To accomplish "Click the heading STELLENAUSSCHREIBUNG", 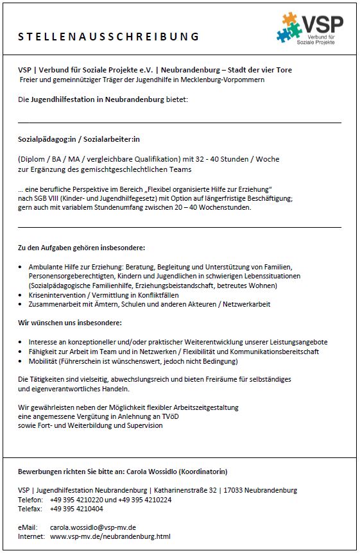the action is coord(108,37).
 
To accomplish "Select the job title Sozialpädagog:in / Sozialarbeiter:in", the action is coord(79,138).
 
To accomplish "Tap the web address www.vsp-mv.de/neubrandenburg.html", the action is coord(110,536).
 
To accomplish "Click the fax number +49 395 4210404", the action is coord(76,509).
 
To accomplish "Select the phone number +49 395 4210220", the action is coord(76,500).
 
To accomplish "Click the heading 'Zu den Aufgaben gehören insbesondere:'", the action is coord(81,248).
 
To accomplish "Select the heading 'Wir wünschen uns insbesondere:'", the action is coord(70,323).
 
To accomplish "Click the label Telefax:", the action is coord(30,509).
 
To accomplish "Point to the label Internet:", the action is coord(31,536).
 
